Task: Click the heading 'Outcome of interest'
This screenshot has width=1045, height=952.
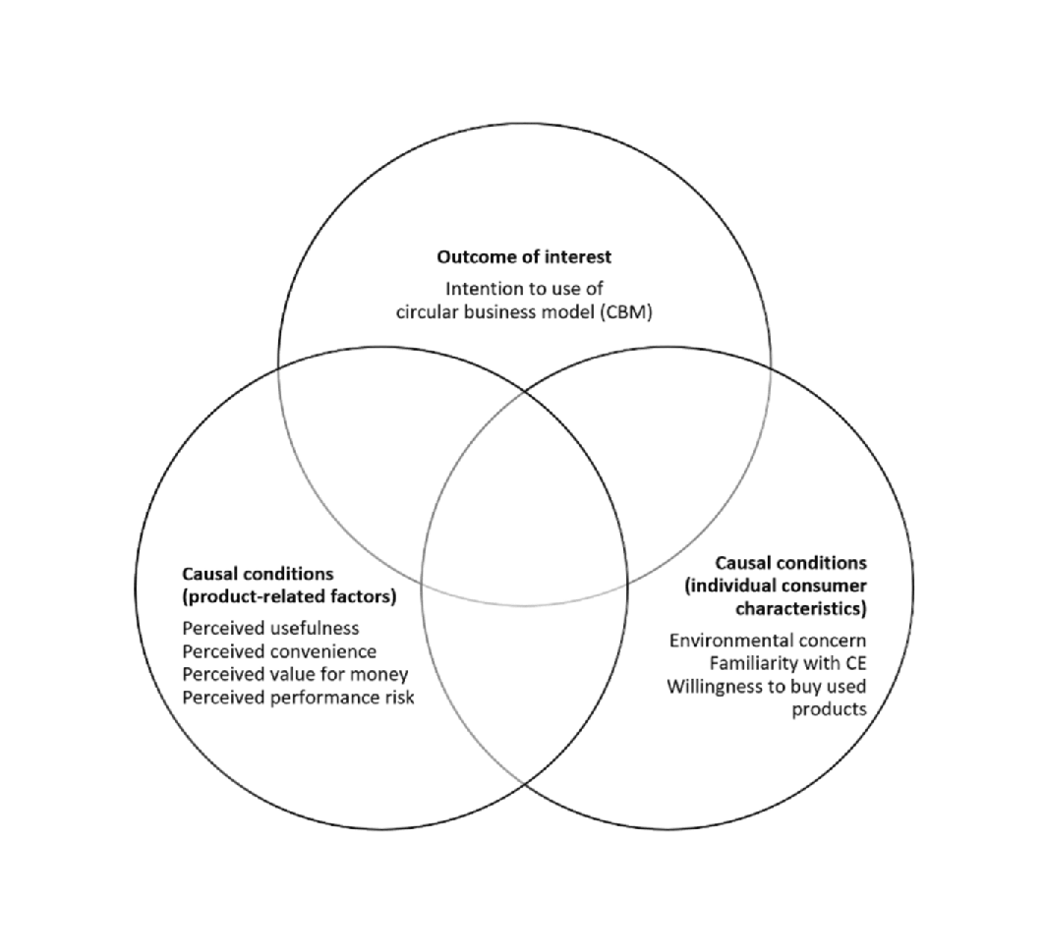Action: (x=523, y=257)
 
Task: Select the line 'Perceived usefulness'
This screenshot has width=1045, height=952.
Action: (x=270, y=628)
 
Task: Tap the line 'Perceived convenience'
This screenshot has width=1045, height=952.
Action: (x=279, y=651)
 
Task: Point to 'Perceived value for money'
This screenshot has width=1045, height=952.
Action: (x=295, y=674)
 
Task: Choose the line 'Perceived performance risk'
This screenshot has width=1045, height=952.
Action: (x=298, y=698)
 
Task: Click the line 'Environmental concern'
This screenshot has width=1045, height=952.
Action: (x=768, y=640)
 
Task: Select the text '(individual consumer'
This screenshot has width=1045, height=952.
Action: (x=775, y=586)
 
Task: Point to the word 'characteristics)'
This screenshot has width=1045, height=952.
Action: (x=804, y=609)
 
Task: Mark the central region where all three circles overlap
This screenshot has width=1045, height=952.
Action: (x=524, y=531)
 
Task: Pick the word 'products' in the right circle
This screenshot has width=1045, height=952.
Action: (x=829, y=709)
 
